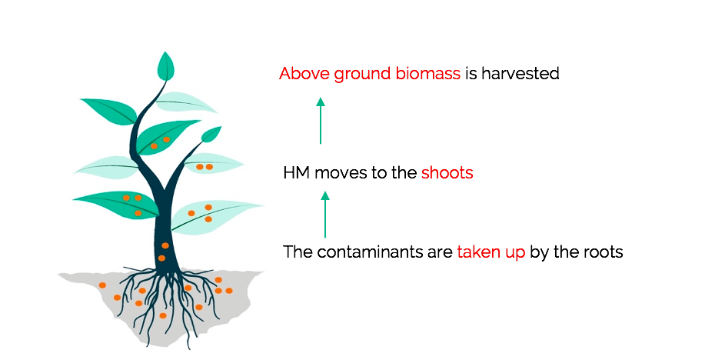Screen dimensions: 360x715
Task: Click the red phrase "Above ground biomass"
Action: point(370,74)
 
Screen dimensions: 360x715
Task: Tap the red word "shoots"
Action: point(447,173)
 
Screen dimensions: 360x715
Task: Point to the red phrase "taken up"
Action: point(491,252)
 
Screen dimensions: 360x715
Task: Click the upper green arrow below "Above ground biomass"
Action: point(321,121)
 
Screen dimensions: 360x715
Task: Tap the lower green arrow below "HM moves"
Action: point(325,215)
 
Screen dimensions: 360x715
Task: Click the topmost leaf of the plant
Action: point(165,67)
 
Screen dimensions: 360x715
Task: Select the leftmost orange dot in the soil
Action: point(102,285)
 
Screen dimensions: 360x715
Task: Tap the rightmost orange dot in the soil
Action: point(229,291)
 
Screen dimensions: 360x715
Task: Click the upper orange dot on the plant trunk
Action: point(165,245)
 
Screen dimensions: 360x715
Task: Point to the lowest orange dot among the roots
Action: point(163,315)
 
